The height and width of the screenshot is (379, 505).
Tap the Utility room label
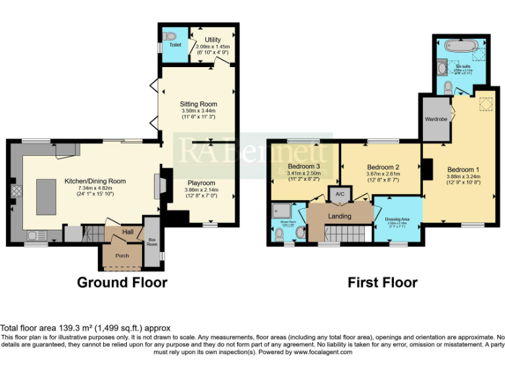(212, 40)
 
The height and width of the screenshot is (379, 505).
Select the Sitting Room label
(199, 104)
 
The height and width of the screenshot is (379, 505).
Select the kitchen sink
(35, 235)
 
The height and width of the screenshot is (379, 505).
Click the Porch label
(122, 255)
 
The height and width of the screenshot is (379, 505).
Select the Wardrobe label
(436, 120)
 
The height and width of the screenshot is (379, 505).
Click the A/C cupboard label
(340, 194)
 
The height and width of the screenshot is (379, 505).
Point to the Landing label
(339, 216)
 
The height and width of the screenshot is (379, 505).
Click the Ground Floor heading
(122, 282)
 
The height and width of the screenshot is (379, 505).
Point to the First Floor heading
(383, 282)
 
